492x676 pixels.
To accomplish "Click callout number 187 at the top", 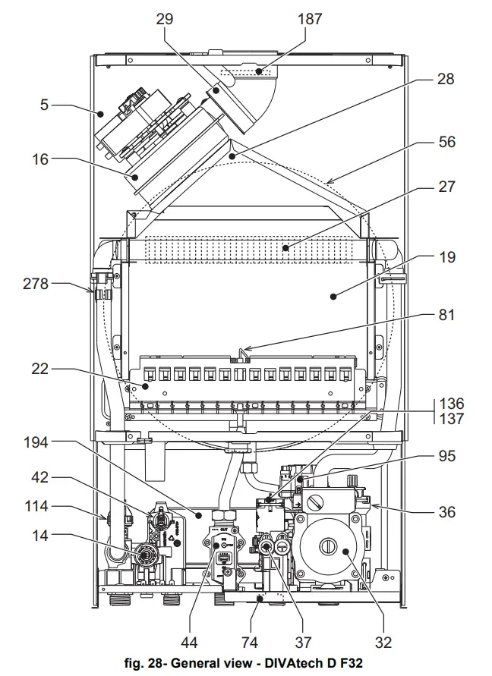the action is pos(310,19).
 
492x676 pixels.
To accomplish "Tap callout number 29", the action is pos(165,19).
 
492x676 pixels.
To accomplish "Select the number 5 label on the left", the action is pos(45,105).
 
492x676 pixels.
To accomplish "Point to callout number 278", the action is pos(36,284).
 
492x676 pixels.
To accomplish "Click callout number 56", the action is pos(446,142).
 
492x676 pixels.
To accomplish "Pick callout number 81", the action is pos(446,315).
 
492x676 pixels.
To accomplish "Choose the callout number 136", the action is pos(452,404).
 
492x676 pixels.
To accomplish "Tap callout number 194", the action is pos(36,442).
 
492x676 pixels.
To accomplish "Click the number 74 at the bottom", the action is pos(250,643).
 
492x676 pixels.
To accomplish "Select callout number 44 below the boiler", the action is pos(189,643).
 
